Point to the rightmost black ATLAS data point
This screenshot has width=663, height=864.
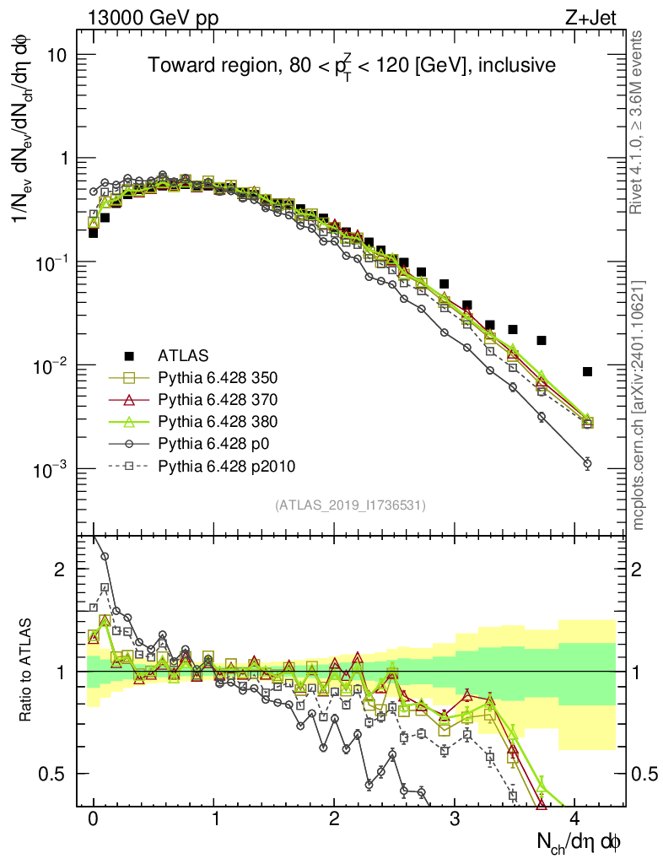pyautogui.click(x=587, y=371)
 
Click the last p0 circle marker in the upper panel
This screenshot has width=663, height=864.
pyautogui.click(x=587, y=463)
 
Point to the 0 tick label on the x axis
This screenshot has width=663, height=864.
pyautogui.click(x=94, y=818)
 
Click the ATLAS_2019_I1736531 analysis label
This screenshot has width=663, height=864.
pyautogui.click(x=350, y=505)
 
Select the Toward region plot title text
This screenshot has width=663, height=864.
pyautogui.click(x=352, y=66)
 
